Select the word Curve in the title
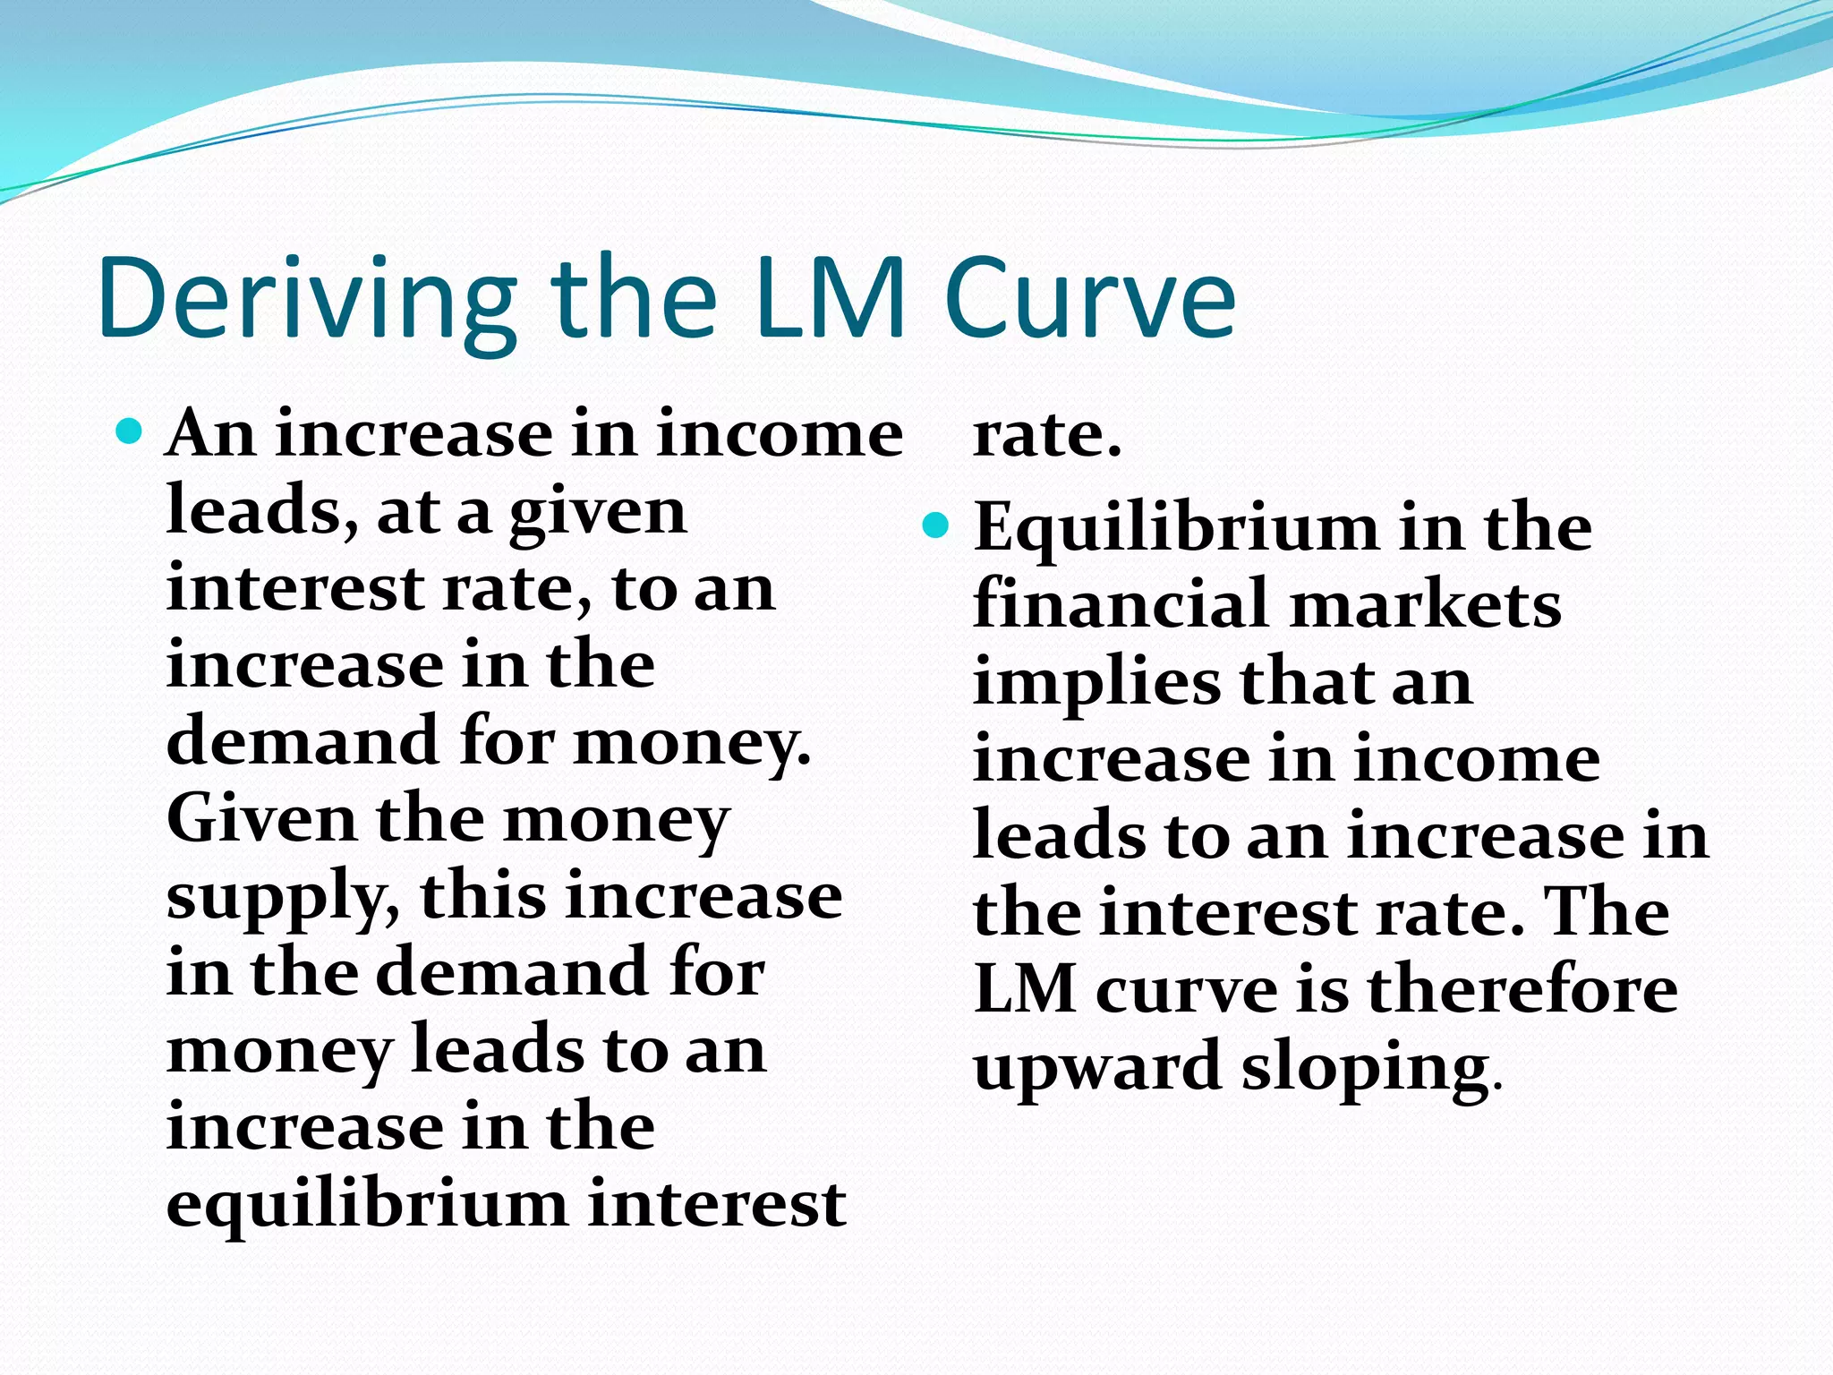click(x=1089, y=300)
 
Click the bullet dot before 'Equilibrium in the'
click(x=934, y=525)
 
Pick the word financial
click(x=1121, y=603)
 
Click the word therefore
click(x=1522, y=990)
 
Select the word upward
click(x=1097, y=1067)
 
